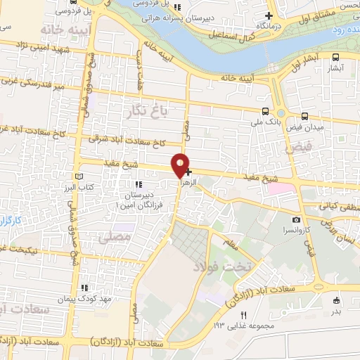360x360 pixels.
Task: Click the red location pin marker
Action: (x=181, y=165)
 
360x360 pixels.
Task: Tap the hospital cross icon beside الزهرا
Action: (x=188, y=171)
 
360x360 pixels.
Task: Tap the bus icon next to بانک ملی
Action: (x=264, y=111)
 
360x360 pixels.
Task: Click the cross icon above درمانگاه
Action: (x=268, y=15)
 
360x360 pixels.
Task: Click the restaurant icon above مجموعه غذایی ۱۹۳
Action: (x=245, y=314)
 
